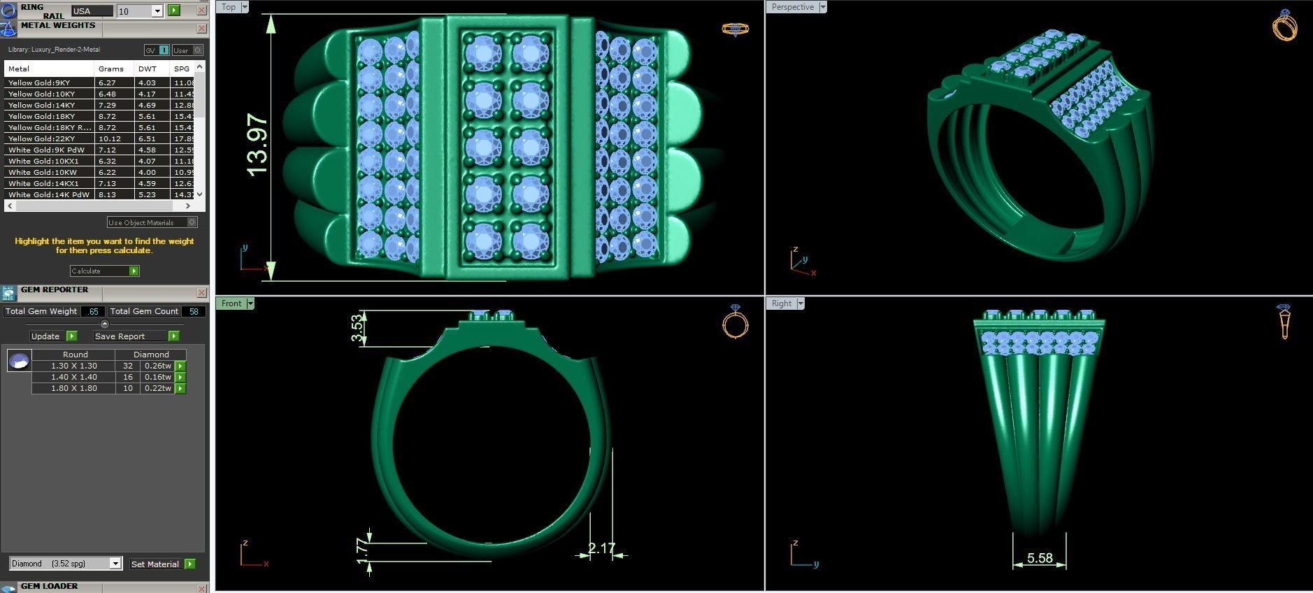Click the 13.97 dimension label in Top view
257,145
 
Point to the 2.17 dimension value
601,548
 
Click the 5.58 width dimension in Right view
1040,558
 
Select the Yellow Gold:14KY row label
42,105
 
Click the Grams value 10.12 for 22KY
110,138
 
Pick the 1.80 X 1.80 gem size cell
73,388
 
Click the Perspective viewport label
792,7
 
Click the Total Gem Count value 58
194,312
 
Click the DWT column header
148,69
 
